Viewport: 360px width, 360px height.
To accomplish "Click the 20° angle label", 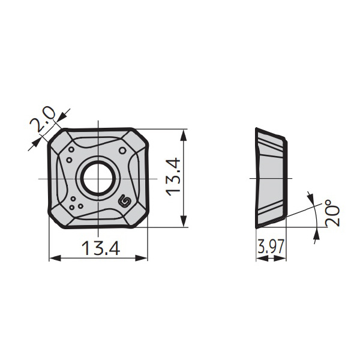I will tap(332, 213).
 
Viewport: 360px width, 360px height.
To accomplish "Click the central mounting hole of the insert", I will tap(98, 178).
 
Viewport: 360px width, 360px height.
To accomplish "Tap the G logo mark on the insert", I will tap(126, 202).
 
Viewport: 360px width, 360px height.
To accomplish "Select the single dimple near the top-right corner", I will tap(123, 151).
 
